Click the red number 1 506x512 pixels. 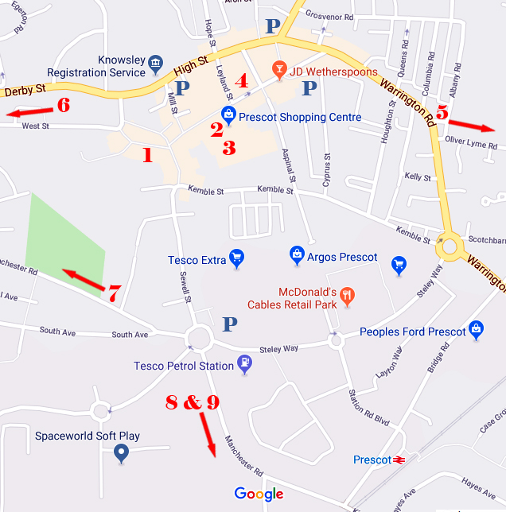coord(147,155)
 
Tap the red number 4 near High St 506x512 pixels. coord(241,80)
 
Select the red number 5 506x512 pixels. coord(442,113)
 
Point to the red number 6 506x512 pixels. coord(63,105)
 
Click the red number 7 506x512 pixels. coord(114,293)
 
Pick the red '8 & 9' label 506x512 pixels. coord(192,403)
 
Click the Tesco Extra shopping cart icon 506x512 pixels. coord(236,257)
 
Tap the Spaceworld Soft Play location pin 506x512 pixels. coord(121,453)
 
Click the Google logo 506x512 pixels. coord(259,495)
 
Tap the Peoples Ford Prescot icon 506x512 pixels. coord(477,328)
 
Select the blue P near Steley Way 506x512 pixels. coord(230,324)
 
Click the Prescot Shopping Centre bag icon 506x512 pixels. coord(228,114)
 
